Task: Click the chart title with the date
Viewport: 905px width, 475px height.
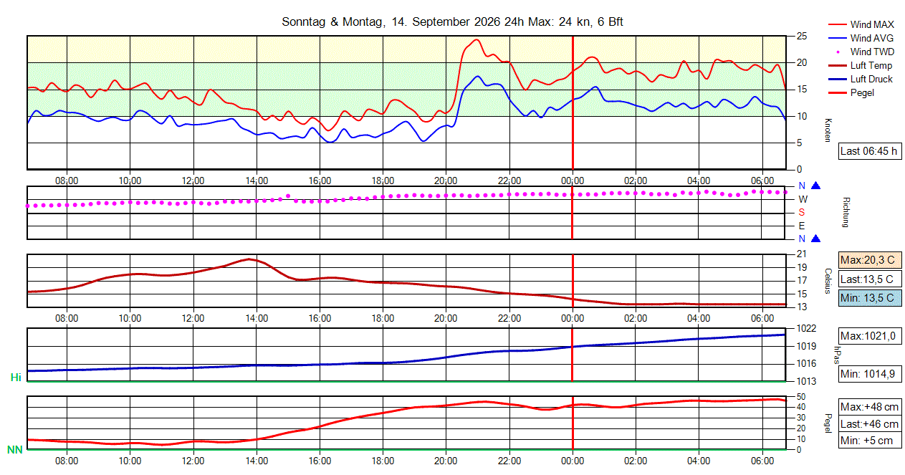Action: [452, 21]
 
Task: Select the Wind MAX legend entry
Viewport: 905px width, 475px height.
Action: [861, 24]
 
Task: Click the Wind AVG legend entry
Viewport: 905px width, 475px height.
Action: [861, 39]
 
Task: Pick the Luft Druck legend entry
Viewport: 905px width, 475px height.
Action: [861, 79]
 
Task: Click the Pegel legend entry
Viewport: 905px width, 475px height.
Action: [851, 93]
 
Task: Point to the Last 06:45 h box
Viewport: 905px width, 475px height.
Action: [869, 151]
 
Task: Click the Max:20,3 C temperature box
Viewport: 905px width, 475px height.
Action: [869, 260]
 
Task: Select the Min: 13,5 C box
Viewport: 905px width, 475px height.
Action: [869, 298]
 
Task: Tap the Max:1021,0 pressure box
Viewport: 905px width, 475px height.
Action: [869, 336]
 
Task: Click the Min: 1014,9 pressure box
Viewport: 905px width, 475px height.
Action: [869, 374]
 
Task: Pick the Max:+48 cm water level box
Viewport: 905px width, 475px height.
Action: [869, 407]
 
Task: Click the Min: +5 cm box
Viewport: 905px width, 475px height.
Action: [869, 441]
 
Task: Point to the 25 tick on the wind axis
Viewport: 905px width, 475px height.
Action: [802, 37]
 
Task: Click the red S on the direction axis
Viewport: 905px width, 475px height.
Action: [802, 213]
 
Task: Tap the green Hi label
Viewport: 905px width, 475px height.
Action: [16, 378]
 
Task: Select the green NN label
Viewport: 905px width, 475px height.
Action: [15, 449]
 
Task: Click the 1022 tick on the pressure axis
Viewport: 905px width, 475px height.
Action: [806, 328]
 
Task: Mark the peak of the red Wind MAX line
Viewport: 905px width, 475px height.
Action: [477, 39]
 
